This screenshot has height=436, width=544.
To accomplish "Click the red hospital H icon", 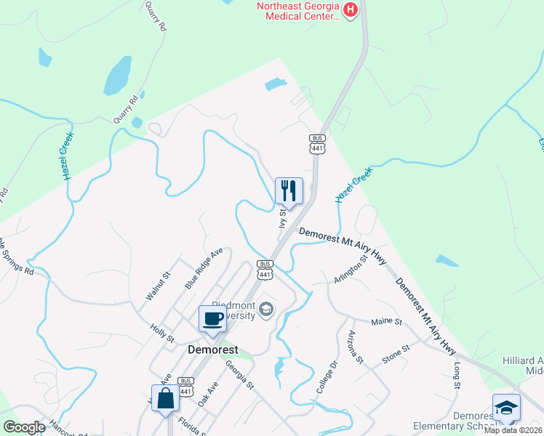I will click(x=351, y=9).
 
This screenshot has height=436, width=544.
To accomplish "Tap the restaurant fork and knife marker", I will click(x=289, y=191).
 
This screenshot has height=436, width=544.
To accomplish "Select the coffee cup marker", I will click(x=212, y=319).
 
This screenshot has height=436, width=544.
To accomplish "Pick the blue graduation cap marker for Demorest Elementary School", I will click(x=506, y=408).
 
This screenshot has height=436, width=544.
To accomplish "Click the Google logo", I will click(x=24, y=427).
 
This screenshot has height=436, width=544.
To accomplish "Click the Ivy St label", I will click(x=283, y=217).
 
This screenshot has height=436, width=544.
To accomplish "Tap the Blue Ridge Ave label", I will click(x=204, y=270).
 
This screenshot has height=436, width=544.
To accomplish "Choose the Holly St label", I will click(x=161, y=334).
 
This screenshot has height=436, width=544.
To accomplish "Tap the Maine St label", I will click(x=386, y=321).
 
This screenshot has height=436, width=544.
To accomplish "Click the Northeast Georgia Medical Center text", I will click(x=297, y=12).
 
